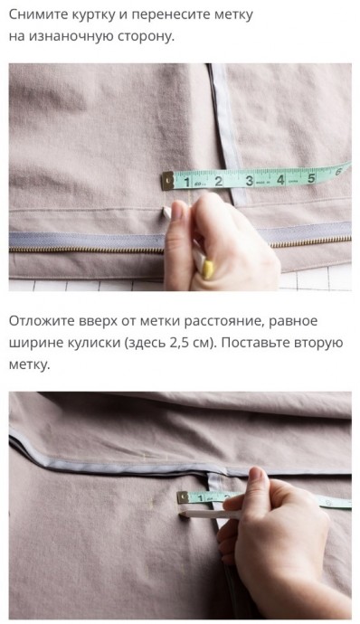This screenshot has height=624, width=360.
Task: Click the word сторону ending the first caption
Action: tap(147, 37)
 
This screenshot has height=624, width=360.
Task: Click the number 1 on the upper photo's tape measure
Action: tap(187, 183)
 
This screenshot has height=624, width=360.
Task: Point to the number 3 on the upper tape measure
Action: tap(249, 181)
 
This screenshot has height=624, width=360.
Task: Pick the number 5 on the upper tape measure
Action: tap(311, 178)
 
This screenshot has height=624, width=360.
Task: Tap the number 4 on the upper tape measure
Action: tap(280, 180)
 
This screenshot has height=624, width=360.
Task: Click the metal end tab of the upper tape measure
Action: tap(167, 181)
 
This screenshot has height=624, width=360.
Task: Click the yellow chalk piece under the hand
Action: tap(208, 269)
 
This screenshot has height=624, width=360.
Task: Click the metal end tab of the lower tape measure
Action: tap(183, 497)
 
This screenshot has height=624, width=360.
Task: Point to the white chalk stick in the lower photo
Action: tap(209, 515)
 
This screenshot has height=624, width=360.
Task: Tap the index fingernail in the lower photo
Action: tap(255, 473)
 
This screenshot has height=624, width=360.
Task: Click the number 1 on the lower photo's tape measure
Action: tap(200, 498)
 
